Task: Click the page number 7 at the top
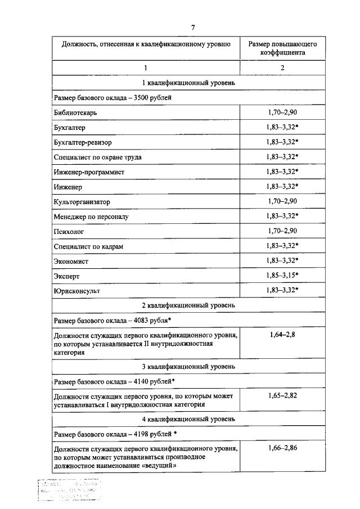click(x=193, y=27)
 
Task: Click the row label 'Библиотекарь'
click(x=76, y=112)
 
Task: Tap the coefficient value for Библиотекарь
click(x=282, y=112)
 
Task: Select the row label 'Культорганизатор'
click(x=82, y=201)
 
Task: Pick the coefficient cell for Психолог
click(x=282, y=231)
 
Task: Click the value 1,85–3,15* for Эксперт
click(x=282, y=275)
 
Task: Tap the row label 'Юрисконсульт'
click(x=78, y=290)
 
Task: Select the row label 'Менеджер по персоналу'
click(x=92, y=216)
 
